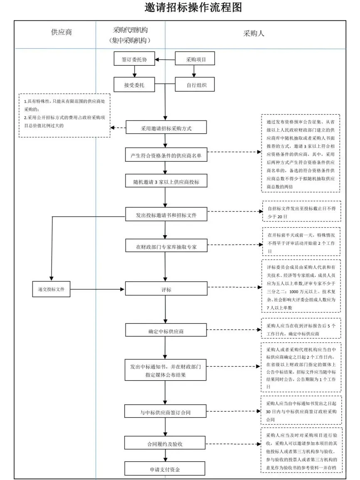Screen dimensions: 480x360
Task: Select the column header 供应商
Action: point(61,32)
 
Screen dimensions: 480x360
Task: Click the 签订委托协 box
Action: point(134,59)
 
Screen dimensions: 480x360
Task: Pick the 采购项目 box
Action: point(196,59)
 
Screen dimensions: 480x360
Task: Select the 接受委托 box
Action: point(134,85)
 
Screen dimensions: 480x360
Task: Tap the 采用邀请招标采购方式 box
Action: point(166,128)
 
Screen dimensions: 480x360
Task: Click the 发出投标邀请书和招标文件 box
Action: point(166,215)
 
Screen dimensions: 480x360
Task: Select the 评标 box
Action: point(166,289)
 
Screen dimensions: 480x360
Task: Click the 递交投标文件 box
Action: point(52,288)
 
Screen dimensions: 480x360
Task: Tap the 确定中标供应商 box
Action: point(166,331)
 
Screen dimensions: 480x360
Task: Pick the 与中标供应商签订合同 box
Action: point(166,412)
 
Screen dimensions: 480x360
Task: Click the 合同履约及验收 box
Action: point(166,444)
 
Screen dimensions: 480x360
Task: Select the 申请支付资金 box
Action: point(166,470)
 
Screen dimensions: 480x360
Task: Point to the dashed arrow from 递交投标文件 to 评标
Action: point(98,288)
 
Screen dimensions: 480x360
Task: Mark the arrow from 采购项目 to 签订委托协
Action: point(165,59)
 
